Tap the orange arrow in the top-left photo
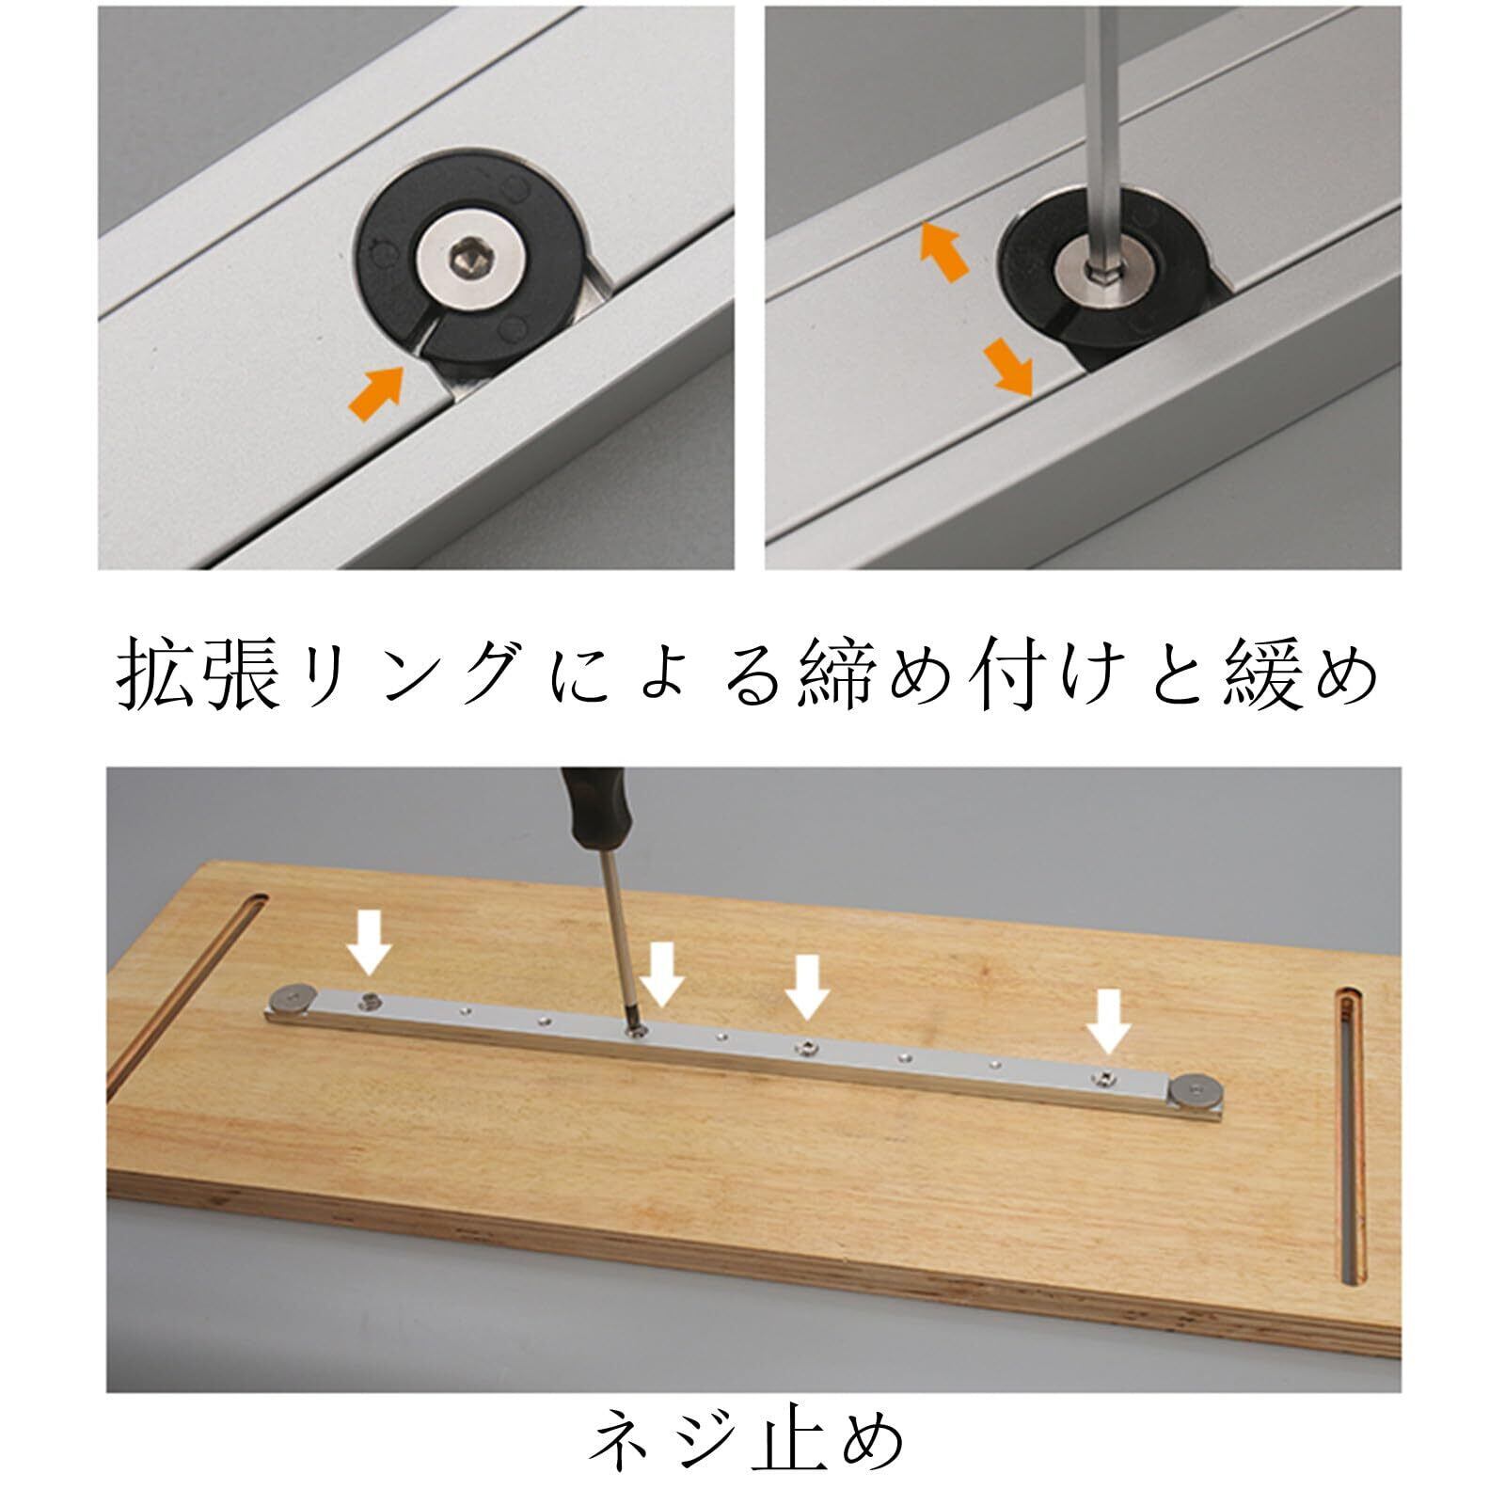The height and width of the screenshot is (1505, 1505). tap(376, 392)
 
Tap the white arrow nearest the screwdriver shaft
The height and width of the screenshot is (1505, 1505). tap(663, 974)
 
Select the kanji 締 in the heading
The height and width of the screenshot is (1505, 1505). tap(837, 673)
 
